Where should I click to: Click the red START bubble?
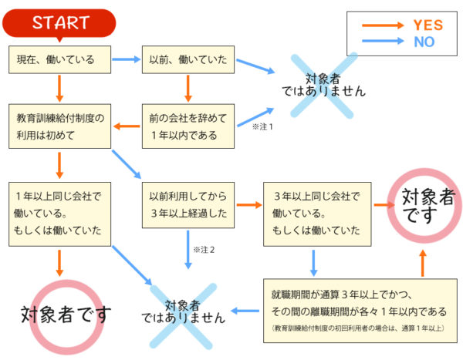pos(59,24)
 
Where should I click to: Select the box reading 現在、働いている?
pos(59,59)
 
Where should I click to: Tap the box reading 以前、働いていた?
pos(188,59)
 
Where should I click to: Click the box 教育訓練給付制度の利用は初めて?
pos(59,126)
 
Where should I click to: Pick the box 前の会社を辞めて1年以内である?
pos(188,126)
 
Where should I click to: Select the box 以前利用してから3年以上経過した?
pos(188,205)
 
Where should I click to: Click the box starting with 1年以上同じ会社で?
pos(59,214)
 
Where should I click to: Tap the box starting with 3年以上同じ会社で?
pos(317,214)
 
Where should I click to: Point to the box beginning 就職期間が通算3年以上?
pos(360,311)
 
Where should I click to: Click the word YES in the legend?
pos(428,25)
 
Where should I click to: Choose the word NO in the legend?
pos(424,42)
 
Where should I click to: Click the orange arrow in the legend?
pos(383,25)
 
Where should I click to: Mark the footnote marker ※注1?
pos(262,127)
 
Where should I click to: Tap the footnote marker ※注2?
pos(204,250)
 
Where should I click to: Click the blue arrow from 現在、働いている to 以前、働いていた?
pos(127,59)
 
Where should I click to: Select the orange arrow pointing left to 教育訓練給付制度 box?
pos(127,126)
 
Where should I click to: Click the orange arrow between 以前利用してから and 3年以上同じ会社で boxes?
pos(249,205)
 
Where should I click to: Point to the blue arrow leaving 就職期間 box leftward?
pos(245,311)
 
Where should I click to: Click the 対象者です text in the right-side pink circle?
pos(428,206)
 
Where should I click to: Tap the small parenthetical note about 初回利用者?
pos(358,328)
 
